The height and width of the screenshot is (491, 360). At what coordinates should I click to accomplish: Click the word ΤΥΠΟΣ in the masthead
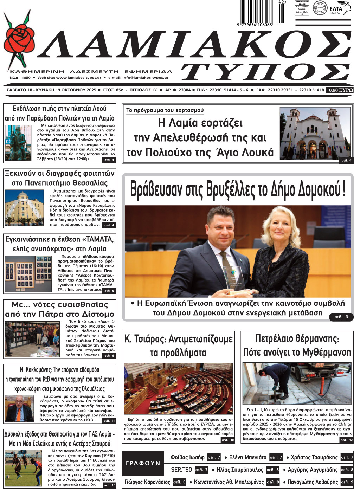click(266, 73)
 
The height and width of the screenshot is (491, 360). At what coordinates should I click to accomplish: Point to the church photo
click(315, 134)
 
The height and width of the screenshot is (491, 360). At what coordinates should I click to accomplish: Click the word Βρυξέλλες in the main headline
click(230, 190)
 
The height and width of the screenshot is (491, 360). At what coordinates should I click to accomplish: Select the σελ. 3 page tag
click(341, 317)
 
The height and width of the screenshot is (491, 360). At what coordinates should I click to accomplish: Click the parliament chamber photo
click(178, 389)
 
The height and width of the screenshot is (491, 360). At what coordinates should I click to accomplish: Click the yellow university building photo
click(24, 209)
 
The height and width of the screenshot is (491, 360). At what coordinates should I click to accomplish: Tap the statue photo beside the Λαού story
click(18, 143)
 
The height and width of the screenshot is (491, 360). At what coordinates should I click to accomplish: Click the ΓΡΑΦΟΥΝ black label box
click(143, 463)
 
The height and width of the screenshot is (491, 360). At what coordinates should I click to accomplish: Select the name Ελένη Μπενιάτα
click(247, 457)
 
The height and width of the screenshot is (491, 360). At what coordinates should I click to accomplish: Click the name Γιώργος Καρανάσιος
click(147, 482)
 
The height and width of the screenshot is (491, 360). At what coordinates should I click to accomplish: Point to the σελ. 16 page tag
click(109, 485)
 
